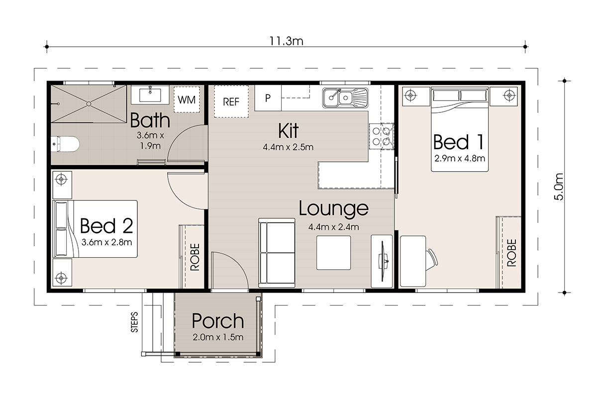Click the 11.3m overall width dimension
pyautogui.click(x=286, y=41)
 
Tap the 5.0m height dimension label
pyautogui.click(x=559, y=187)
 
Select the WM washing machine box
pyautogui.click(x=187, y=99)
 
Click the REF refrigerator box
pyautogui.click(x=231, y=101)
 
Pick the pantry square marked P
pyautogui.click(x=268, y=98)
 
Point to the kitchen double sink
pyautogui.click(x=345, y=98)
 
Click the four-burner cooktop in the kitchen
pyautogui.click(x=382, y=136)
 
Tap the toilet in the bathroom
pyautogui.click(x=65, y=144)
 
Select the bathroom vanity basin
pyautogui.click(x=150, y=95)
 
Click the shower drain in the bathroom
pyautogui.click(x=89, y=103)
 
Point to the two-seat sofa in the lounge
pyautogui.click(x=277, y=253)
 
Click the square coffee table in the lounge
pyautogui.click(x=333, y=253)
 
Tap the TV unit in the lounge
pyautogui.click(x=382, y=261)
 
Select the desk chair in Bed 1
pyautogui.click(x=431, y=259)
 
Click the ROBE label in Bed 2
pyautogui.click(x=195, y=257)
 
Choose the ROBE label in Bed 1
pyautogui.click(x=511, y=253)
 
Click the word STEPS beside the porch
pyautogui.click(x=135, y=322)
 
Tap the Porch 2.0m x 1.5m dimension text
pyautogui.click(x=218, y=337)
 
